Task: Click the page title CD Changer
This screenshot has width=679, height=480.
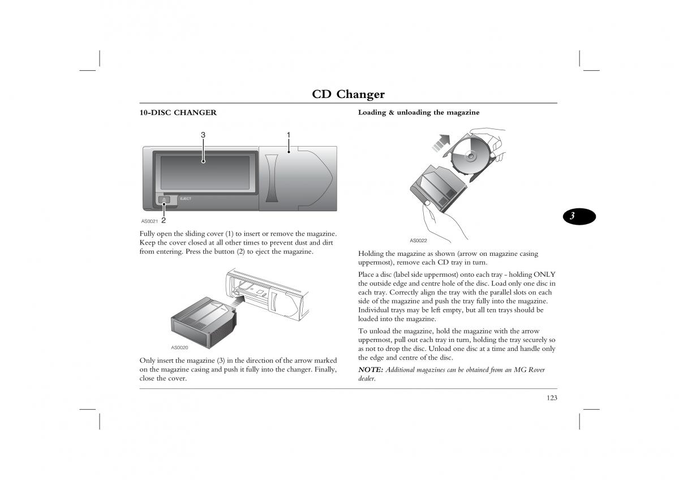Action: [349, 94]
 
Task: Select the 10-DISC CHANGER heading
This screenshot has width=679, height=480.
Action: [178, 113]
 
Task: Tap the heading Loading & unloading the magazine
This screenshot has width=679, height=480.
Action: [419, 113]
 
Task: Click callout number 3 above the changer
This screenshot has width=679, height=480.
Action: [203, 135]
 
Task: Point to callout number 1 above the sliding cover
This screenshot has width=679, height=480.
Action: [289, 135]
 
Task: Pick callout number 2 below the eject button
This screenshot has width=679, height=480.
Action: [164, 220]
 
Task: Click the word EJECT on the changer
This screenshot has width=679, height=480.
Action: [186, 199]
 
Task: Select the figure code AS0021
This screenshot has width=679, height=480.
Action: [149, 221]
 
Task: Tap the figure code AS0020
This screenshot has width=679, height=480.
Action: [179, 348]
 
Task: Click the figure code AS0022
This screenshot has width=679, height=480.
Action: [418, 241]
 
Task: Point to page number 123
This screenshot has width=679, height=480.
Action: [552, 398]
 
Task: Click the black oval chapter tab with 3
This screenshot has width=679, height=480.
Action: [579, 216]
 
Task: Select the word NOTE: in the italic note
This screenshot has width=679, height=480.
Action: [371, 370]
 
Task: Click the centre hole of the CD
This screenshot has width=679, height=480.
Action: [471, 156]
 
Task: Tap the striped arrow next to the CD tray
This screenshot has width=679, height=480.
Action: [441, 143]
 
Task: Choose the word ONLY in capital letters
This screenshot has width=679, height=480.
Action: [544, 275]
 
